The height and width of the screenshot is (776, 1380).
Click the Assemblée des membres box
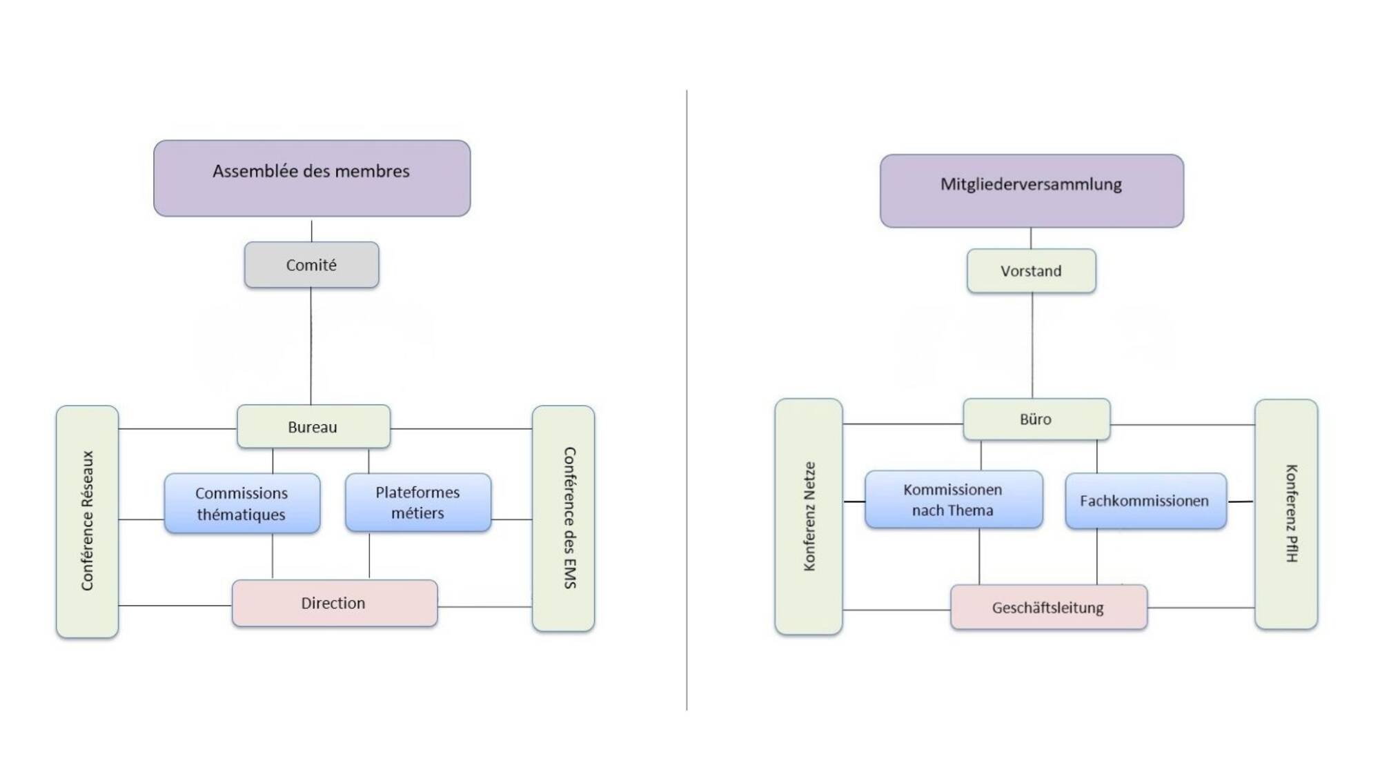point(312,178)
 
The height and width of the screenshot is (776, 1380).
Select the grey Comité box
point(311,264)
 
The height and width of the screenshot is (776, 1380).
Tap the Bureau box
point(313,426)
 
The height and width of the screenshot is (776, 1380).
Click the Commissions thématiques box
point(242,503)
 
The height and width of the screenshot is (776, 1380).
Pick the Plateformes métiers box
point(418,502)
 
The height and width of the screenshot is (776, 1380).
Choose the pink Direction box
point(335,603)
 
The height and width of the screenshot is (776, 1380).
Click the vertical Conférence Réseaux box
point(87,521)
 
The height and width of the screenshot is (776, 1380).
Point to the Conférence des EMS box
point(563,518)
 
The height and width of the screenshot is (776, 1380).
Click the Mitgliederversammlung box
point(1032,190)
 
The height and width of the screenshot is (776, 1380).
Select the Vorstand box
point(1032,270)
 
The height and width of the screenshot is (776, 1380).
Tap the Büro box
point(1036,419)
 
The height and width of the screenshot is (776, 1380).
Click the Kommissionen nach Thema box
point(954,499)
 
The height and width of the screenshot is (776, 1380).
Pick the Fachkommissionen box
point(1145,501)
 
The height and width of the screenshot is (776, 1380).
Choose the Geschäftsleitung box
point(1049,607)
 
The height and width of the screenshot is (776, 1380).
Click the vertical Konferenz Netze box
point(809,516)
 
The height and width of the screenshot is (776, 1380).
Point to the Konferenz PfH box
point(1286,514)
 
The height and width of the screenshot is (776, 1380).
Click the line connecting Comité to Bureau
point(310,346)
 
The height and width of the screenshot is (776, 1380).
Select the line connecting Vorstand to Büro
point(1032,346)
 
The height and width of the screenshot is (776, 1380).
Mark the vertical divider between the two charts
point(687,400)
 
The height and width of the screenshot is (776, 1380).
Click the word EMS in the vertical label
point(570,574)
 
